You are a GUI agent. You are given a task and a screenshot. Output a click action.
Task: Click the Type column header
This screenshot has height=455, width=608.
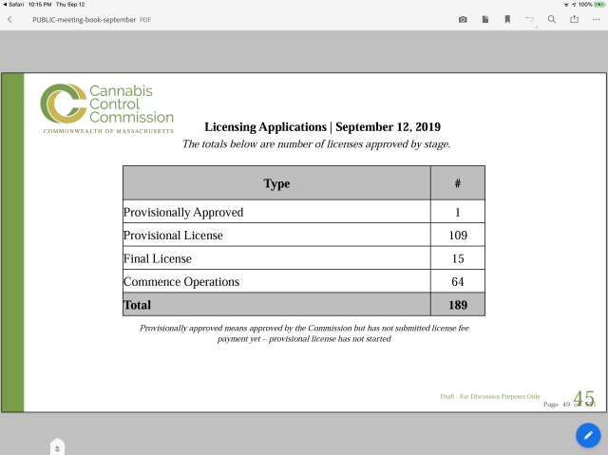276,183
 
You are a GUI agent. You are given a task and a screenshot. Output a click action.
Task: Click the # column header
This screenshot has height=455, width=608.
457,183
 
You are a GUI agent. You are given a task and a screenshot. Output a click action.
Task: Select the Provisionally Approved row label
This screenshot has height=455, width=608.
183,212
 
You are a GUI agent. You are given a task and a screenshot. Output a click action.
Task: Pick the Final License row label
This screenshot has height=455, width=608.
158,258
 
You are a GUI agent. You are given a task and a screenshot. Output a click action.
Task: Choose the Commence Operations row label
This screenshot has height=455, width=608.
181,281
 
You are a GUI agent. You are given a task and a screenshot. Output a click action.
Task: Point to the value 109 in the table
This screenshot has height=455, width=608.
457,235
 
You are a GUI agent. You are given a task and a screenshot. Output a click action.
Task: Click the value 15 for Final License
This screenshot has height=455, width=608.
457,258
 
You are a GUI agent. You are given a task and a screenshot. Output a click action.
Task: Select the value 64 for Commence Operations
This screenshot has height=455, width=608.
457,281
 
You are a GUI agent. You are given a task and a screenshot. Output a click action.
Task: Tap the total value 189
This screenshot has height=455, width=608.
457,305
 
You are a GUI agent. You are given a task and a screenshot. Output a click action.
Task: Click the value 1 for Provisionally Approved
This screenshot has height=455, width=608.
457,212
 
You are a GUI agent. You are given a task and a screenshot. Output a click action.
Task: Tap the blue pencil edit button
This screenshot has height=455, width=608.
588,435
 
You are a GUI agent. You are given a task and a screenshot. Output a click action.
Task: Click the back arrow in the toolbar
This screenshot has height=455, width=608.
9,19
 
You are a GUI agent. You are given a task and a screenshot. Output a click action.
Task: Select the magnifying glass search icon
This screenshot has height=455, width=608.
551,19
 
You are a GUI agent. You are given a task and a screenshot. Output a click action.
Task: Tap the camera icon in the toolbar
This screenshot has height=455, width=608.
463,19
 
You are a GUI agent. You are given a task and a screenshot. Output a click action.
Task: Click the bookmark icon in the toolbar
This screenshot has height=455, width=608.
507,19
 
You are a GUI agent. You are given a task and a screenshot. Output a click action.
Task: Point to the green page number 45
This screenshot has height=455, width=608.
583,399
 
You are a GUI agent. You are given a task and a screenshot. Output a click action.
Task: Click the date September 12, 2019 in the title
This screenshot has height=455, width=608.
388,126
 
